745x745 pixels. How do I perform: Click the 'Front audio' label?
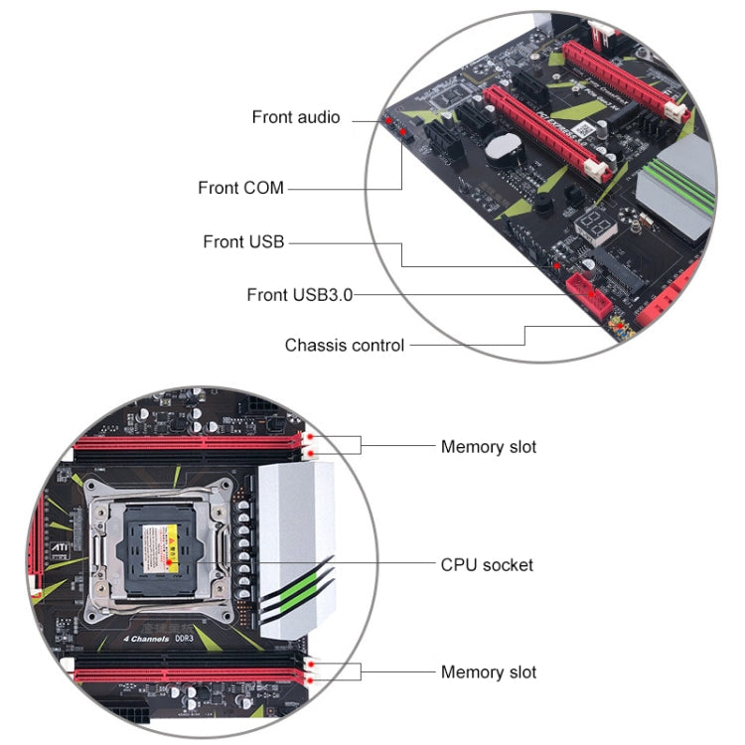point(295,117)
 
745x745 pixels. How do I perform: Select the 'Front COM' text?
point(240,188)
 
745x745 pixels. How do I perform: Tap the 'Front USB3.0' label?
point(299,294)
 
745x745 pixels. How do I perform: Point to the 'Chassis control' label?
point(344,346)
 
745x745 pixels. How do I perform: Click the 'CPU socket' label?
point(487,565)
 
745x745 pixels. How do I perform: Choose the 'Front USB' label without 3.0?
point(243,241)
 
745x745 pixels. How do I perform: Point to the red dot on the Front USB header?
point(557,266)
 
